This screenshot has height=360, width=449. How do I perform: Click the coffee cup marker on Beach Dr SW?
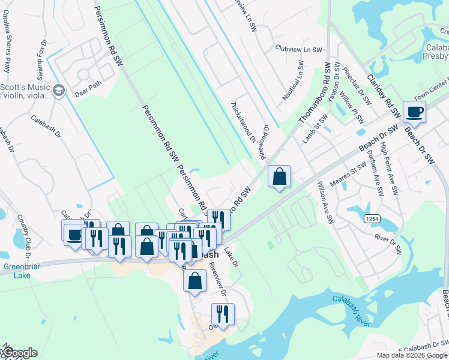click(x=414, y=112)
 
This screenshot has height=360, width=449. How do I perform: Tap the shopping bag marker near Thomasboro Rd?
click(x=279, y=177)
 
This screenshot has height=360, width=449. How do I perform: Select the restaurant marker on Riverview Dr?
click(x=222, y=314)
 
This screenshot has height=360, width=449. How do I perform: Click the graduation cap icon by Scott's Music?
click(x=58, y=91)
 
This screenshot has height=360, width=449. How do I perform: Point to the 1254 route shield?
click(x=370, y=220)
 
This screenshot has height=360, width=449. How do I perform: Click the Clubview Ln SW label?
click(x=298, y=49)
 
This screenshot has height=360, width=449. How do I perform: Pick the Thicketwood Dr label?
click(x=243, y=121)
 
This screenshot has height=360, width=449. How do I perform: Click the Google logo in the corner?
click(x=19, y=353)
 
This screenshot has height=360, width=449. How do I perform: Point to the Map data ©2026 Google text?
click(x=411, y=355)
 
